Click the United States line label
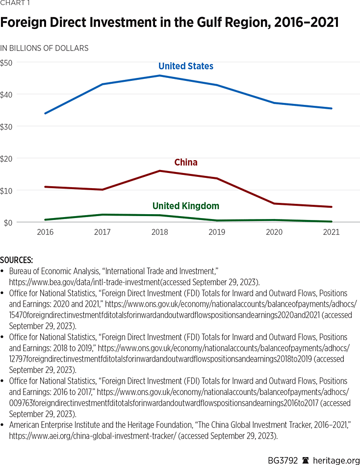point(186,66)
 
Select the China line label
point(186,162)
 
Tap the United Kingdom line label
point(186,206)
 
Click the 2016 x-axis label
point(45,232)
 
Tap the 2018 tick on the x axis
point(159,232)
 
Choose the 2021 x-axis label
point(331,232)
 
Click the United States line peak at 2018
point(159,75)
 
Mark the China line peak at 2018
point(159,171)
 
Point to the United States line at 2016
point(45,113)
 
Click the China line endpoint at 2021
point(331,207)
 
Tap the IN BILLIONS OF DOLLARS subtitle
point(44,48)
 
